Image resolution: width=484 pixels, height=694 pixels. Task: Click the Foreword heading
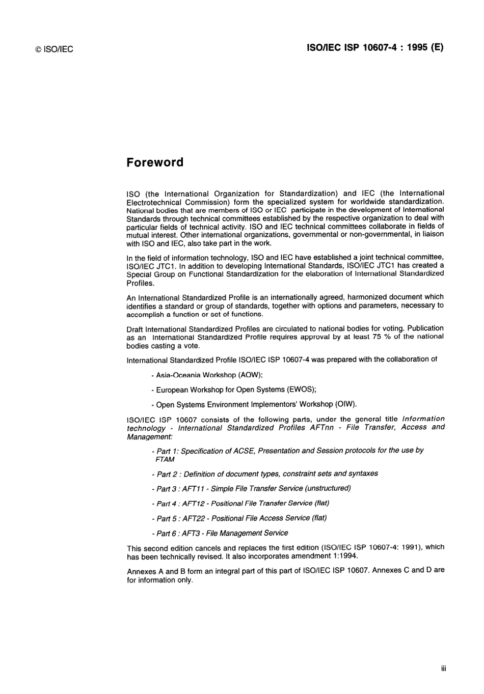pos(155,162)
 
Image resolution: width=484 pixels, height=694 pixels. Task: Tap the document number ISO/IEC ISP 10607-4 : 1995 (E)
pos(375,48)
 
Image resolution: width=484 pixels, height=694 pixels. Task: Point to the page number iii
pos(443,669)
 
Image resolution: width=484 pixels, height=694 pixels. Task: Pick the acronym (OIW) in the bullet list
pos(345,404)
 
